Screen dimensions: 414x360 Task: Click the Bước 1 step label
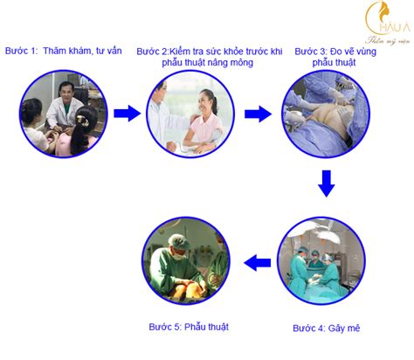coord(64,51)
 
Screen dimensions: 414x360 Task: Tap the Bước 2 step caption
coord(210,57)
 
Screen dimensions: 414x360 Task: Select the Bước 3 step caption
coord(335,57)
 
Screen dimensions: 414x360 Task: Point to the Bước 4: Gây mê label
coord(327,329)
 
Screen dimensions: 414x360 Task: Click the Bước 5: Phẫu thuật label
coord(189,327)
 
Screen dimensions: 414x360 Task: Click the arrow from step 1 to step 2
coord(127,114)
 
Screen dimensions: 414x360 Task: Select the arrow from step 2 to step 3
coord(258,114)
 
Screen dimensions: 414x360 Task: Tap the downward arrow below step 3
coord(327,183)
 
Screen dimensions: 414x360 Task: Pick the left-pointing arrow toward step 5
coord(258,263)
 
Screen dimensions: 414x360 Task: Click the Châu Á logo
coord(388,23)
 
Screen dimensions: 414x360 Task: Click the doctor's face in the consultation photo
coord(65,92)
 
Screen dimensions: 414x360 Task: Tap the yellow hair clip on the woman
coord(82,121)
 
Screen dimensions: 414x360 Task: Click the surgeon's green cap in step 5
coord(180,242)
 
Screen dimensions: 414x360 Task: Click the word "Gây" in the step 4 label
coord(336,329)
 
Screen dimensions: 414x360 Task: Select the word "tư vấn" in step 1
coord(109,51)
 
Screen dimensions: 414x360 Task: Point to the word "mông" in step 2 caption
coord(241,63)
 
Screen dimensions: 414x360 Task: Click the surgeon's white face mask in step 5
coord(180,254)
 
